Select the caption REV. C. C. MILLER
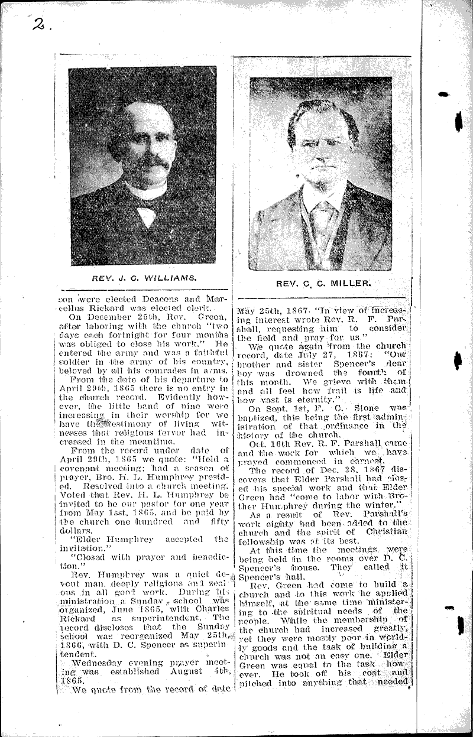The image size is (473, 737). [323, 283]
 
